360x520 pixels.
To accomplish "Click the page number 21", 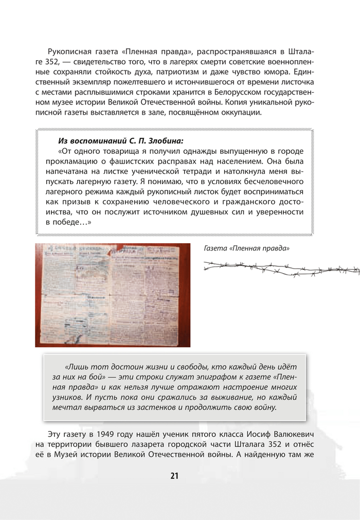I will [x=174, y=476].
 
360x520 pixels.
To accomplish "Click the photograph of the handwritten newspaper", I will [x=113, y=294].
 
